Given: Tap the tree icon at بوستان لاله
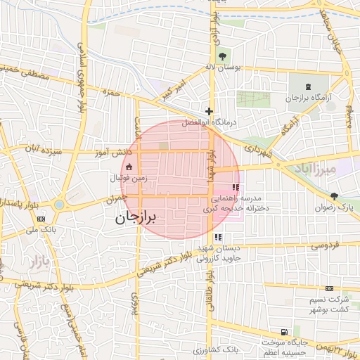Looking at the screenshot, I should (x=223, y=56).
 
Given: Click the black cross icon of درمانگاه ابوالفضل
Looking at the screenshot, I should (x=209, y=111).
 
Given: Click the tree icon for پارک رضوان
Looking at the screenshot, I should (x=333, y=196).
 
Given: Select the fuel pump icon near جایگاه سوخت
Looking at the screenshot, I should (x=283, y=332).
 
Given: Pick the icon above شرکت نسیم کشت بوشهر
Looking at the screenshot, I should (x=329, y=288).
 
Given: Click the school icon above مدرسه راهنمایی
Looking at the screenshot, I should (x=235, y=188).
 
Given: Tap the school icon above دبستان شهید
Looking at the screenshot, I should (x=218, y=237).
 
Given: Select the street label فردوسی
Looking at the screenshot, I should (x=325, y=245).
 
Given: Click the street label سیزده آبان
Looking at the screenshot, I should (x=42, y=150).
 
